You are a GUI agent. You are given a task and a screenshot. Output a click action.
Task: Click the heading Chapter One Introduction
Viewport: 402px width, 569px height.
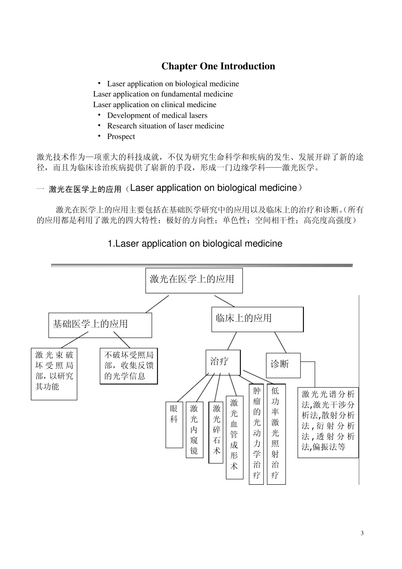[x=218, y=66]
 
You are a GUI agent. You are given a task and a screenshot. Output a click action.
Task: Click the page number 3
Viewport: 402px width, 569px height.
[x=362, y=533]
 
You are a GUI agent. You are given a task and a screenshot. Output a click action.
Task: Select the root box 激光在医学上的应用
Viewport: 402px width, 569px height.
[x=194, y=280]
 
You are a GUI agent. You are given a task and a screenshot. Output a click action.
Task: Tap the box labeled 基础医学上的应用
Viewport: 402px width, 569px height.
[x=100, y=325]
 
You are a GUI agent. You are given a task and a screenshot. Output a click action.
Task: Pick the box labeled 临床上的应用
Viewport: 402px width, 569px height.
[x=257, y=319]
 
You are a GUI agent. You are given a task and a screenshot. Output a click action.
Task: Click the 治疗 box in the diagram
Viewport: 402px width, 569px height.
[x=223, y=362]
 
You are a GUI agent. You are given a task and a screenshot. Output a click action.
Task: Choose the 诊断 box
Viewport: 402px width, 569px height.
[x=283, y=365]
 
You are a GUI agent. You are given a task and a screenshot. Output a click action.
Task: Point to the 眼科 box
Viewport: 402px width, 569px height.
[x=174, y=424]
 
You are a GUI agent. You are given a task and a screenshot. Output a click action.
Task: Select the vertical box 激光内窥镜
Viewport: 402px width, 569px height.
[x=194, y=429]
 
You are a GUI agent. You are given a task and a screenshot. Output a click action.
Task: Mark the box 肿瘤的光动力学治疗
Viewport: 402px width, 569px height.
[x=256, y=433]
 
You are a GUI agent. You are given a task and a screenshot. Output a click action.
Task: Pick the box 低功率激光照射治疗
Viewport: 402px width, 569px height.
[x=276, y=433]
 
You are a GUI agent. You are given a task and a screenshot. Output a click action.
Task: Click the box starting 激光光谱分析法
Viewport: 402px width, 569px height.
[x=328, y=422]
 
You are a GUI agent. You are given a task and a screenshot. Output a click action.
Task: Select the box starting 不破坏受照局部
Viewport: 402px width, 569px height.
[x=129, y=366]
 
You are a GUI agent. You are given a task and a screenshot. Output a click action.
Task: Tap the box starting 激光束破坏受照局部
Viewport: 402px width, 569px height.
[x=54, y=373]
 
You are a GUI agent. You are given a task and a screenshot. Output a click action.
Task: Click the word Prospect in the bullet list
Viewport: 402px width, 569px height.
[x=121, y=136]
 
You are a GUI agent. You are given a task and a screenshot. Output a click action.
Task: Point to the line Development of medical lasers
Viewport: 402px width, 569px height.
[x=157, y=115]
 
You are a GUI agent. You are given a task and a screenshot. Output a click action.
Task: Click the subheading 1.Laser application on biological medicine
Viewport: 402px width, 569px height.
[x=195, y=244]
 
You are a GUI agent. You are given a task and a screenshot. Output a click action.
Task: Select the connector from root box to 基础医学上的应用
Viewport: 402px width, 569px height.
[x=157, y=304]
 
